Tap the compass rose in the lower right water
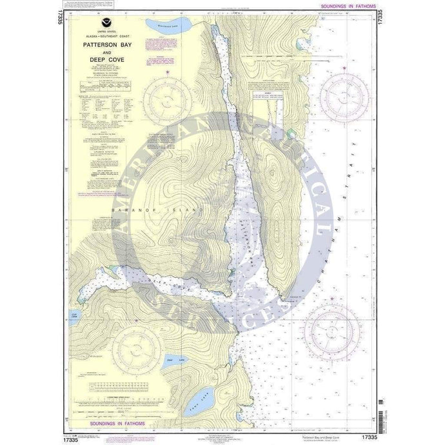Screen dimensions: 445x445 point(333,332)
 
